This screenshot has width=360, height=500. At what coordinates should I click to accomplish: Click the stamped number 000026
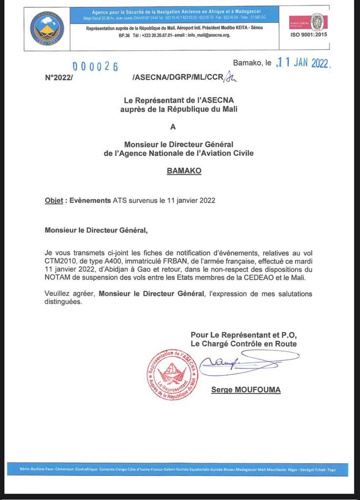coord(95,67)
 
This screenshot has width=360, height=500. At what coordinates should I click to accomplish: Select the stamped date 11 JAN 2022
coord(303,63)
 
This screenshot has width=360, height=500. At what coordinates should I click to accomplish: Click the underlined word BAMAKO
coord(184,171)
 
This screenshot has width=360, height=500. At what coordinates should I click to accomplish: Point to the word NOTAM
coord(59,277)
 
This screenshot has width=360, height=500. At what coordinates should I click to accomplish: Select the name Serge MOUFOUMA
coord(246,390)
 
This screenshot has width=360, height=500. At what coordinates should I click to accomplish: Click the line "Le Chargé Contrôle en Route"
coord(243,344)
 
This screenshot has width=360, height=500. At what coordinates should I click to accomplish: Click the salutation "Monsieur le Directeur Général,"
coord(96,229)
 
